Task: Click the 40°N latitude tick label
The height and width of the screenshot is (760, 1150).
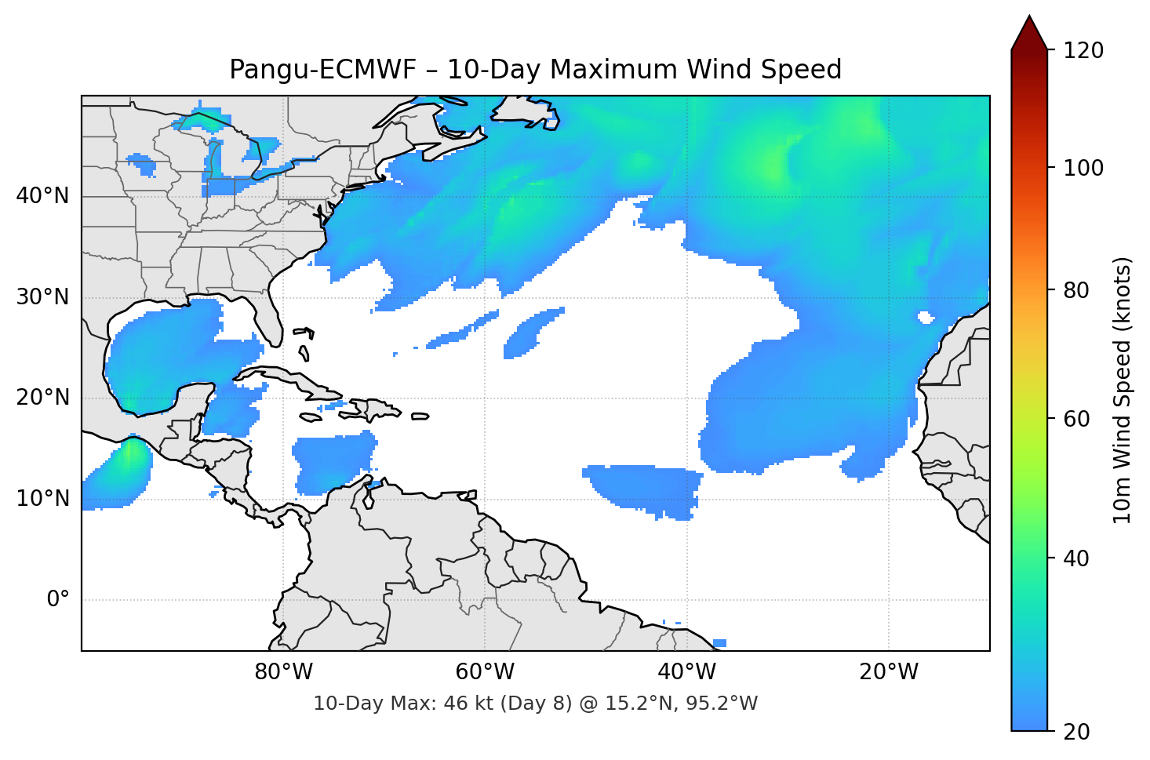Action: (42, 196)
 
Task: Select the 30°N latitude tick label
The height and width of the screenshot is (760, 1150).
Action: (42, 297)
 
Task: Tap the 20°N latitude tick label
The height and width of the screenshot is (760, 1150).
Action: (42, 398)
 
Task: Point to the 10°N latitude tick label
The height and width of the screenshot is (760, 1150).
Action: (42, 499)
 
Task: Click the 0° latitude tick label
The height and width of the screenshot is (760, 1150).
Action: (58, 600)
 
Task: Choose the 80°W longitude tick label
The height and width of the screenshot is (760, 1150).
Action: (283, 672)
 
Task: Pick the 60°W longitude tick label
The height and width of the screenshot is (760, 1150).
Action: (485, 672)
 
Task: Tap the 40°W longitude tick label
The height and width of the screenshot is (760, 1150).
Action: (686, 672)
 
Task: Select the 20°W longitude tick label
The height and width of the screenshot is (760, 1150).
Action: (889, 672)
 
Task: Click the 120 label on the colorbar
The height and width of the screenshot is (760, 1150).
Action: (1083, 51)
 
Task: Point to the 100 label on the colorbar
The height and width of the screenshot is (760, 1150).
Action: (1083, 168)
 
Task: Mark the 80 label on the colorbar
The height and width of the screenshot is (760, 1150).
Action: (1075, 290)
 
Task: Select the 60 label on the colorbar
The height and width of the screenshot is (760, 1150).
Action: (1075, 419)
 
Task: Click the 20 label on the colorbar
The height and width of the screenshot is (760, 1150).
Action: (1075, 732)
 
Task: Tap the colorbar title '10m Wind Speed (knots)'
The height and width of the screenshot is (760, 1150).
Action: (1123, 390)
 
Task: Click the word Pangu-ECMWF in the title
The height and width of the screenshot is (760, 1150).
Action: (322, 70)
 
